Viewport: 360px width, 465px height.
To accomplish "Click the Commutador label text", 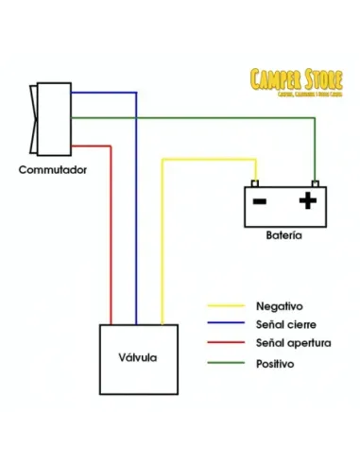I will [54, 170].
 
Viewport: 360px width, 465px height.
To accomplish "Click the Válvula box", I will [139, 358].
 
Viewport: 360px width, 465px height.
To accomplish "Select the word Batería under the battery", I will [284, 234].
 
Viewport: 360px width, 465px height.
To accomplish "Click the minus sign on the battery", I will [260, 201].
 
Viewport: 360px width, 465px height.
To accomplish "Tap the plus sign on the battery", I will [306, 200].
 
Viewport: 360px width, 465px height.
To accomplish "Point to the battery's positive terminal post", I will [315, 183].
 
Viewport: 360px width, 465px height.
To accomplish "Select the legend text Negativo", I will [279, 306].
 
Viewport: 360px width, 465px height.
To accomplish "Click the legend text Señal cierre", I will [285, 325].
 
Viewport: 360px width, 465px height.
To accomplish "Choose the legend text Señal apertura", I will [293, 343].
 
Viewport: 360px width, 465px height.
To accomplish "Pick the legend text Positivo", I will [276, 362].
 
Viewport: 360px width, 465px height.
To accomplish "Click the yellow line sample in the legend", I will [227, 306].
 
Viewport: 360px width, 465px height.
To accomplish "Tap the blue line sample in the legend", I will [227, 325].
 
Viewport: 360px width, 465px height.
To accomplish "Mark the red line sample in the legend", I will [227, 344].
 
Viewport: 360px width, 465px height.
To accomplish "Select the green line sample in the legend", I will [227, 363].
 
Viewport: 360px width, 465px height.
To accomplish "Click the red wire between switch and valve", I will [111, 236].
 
